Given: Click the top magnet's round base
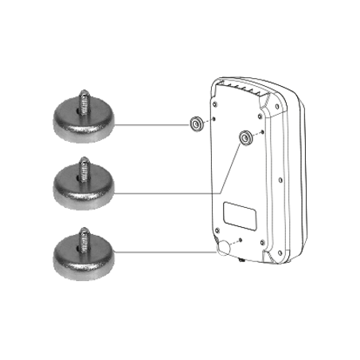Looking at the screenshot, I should coord(85,125).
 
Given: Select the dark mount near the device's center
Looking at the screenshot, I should coord(246,139).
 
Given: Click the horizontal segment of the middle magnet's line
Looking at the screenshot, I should coord(167,193).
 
